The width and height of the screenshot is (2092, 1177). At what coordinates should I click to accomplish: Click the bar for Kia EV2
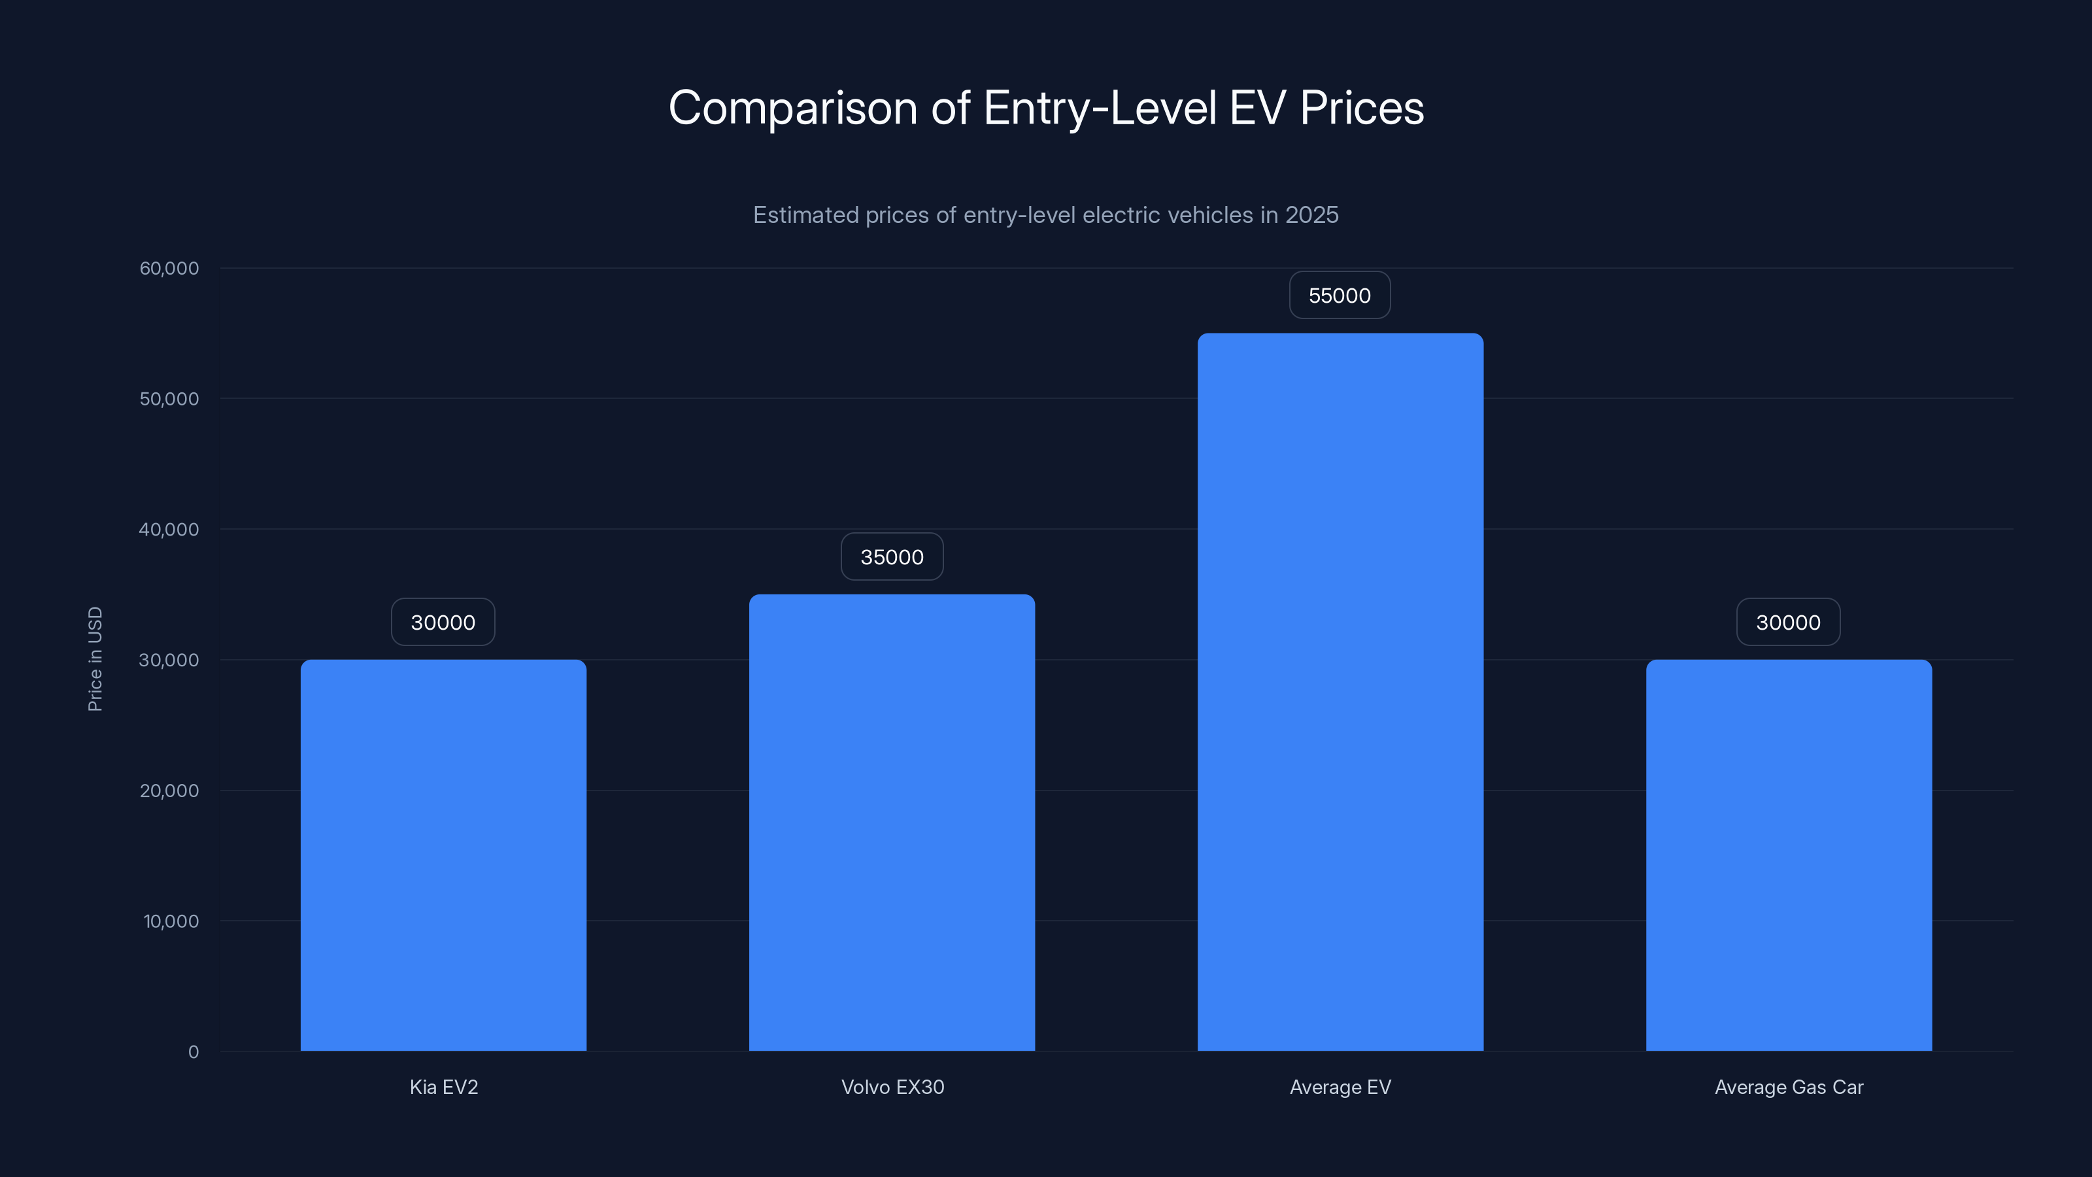point(443,855)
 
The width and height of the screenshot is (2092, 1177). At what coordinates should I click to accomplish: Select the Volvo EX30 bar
point(892,822)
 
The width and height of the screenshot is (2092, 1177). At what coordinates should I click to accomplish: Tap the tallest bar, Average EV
point(1340,691)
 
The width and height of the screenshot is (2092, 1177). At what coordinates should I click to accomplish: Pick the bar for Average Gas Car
point(1788,855)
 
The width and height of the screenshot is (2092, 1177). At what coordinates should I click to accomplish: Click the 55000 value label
point(1339,296)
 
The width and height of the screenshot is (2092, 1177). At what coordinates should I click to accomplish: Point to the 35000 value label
point(892,557)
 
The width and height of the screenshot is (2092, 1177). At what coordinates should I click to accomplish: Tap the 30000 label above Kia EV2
point(443,623)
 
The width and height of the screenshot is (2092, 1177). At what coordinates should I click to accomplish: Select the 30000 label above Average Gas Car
point(1788,623)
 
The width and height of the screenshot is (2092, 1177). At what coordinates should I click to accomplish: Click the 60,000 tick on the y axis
point(169,268)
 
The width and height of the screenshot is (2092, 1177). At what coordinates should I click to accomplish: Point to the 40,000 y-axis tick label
point(169,530)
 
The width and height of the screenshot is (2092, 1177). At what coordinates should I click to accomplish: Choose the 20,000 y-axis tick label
point(169,791)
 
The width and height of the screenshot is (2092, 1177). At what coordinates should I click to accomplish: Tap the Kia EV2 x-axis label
point(443,1087)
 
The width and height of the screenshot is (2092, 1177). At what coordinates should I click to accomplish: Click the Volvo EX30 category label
point(892,1087)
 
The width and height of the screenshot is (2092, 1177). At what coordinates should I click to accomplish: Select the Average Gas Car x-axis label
point(1788,1087)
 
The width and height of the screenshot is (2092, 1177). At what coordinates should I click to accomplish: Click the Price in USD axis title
point(95,658)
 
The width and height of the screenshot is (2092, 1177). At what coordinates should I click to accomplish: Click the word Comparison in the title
point(792,108)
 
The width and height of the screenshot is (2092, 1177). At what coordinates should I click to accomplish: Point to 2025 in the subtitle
point(1311,215)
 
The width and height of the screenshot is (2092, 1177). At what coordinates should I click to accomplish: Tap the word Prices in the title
point(1361,108)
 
